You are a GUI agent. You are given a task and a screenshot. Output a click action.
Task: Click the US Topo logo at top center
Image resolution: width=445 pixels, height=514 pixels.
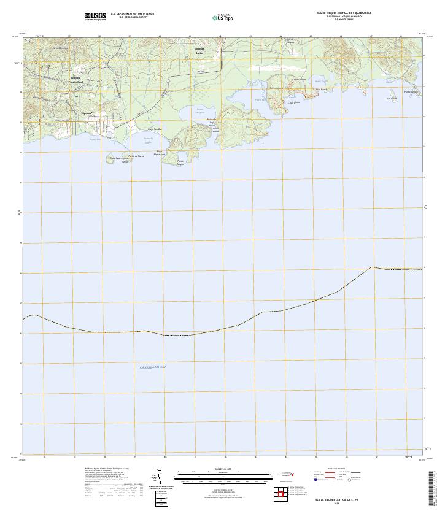tap(222, 18)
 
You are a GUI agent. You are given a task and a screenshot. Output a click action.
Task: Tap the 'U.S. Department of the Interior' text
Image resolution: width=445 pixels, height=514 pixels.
tap(133, 13)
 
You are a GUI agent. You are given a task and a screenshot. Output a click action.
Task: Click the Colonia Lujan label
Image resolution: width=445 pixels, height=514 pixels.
tap(199, 51)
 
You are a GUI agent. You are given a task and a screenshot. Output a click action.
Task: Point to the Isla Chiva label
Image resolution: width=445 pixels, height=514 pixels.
tap(389, 98)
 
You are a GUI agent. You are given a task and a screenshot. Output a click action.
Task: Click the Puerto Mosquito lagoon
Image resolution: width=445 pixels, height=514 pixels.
tap(200, 113)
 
